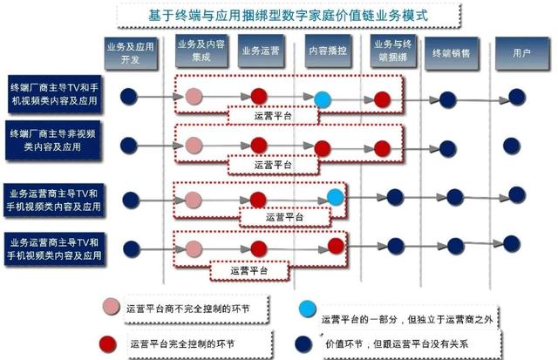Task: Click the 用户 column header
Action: click(x=521, y=52)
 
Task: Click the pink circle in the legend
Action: click(x=110, y=307)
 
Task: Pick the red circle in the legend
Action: click(x=110, y=343)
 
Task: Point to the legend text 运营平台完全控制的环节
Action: click(x=183, y=343)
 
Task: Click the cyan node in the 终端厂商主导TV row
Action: click(x=323, y=98)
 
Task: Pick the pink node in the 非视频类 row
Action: click(x=194, y=145)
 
